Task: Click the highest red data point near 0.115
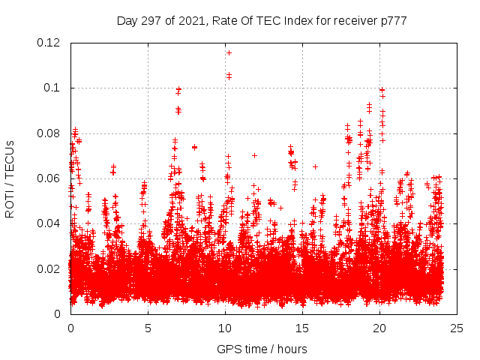click(229, 52)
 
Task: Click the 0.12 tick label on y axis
click(49, 43)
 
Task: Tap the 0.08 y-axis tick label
click(49, 133)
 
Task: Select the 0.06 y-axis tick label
click(49, 178)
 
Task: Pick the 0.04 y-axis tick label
click(49, 223)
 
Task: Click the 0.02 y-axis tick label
click(49, 268)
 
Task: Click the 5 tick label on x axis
click(148, 328)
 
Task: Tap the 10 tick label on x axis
click(225, 328)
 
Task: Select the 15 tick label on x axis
click(302, 328)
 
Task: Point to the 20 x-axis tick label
click(379, 328)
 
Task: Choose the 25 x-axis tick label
click(457, 328)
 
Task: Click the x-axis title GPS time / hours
click(262, 349)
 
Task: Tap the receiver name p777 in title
click(393, 20)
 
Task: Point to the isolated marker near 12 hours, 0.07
click(255, 155)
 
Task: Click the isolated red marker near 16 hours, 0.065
click(315, 166)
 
